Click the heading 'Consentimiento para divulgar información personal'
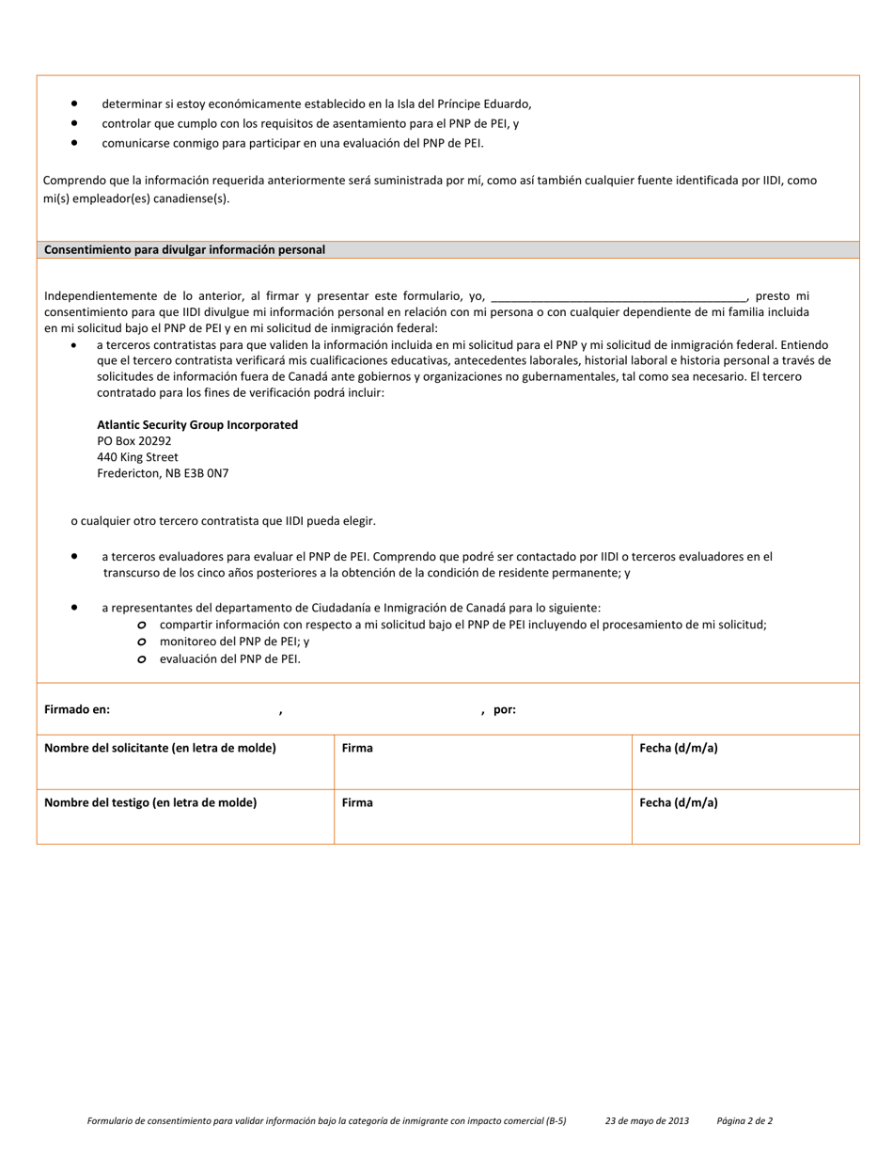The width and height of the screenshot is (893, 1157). click(184, 250)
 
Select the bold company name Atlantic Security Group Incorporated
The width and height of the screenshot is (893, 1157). click(197, 425)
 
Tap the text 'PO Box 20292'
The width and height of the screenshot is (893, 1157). click(134, 441)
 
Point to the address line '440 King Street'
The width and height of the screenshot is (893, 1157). click(137, 457)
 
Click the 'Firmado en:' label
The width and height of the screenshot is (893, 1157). click(77, 710)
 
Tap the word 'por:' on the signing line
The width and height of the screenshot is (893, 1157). click(505, 710)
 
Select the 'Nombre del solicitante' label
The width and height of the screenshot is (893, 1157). click(160, 748)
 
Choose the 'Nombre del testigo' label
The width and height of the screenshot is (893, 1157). click(150, 802)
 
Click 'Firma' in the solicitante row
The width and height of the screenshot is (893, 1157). click(357, 748)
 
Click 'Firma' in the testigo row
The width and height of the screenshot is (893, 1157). click(357, 802)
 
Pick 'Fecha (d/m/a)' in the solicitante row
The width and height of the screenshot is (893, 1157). click(679, 748)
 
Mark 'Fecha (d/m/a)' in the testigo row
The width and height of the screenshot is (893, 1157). click(679, 802)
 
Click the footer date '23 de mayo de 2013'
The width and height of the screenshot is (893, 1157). click(647, 1121)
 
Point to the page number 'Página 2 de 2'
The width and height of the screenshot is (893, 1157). click(744, 1121)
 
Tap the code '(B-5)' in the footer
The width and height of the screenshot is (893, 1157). click(556, 1121)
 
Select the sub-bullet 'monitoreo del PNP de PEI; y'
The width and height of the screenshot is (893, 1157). click(234, 642)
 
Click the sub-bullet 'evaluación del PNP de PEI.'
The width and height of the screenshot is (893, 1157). click(230, 658)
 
